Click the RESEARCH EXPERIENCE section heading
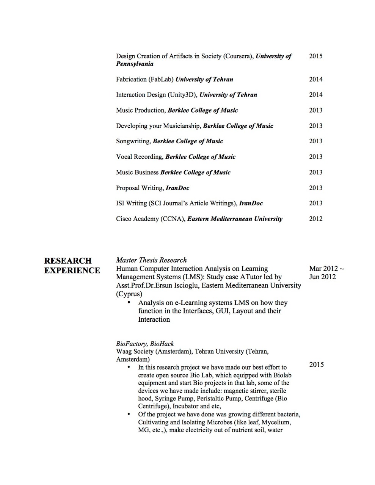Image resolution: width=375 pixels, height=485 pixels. click(x=72, y=265)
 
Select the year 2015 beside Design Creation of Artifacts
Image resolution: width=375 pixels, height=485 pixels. click(x=315, y=56)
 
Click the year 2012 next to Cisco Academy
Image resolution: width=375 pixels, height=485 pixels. click(x=315, y=219)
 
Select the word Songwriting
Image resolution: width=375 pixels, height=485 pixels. click(x=133, y=141)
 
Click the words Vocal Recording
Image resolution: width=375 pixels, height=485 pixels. click(x=139, y=157)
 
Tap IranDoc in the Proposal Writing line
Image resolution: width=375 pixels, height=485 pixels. click(x=177, y=188)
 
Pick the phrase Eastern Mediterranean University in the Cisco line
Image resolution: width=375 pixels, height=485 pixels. click(x=235, y=219)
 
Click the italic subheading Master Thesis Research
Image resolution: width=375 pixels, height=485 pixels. click(x=151, y=260)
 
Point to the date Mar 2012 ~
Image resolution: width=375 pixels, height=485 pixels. click(x=326, y=269)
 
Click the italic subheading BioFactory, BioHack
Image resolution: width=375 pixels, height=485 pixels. click(x=145, y=344)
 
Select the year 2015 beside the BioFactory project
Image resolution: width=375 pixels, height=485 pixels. click(x=316, y=365)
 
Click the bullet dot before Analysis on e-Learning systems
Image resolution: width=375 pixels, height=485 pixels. click(x=129, y=303)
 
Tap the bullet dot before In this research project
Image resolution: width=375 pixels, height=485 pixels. click(x=129, y=367)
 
